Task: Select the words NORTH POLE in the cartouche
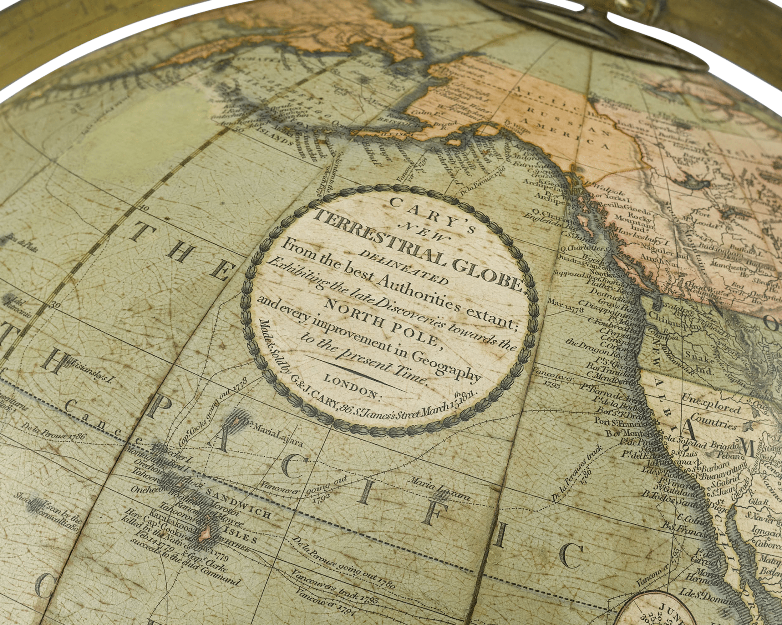point(384,323)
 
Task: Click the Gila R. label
point(761,502)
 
